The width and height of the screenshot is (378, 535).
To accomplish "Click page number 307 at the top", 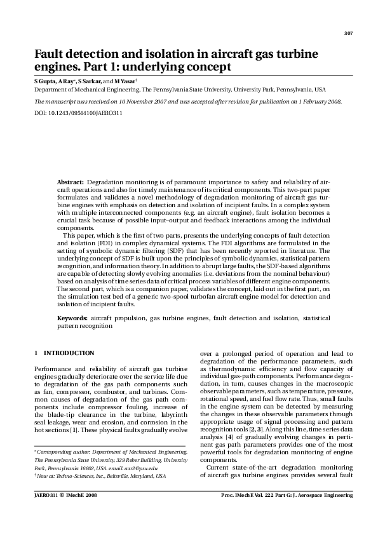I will pos(348,33).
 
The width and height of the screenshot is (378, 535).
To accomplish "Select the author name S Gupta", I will pos(44,81).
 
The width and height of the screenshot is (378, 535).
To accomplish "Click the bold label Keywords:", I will pos(72,316).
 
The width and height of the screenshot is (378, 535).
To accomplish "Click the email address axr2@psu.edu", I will pos(130,467).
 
